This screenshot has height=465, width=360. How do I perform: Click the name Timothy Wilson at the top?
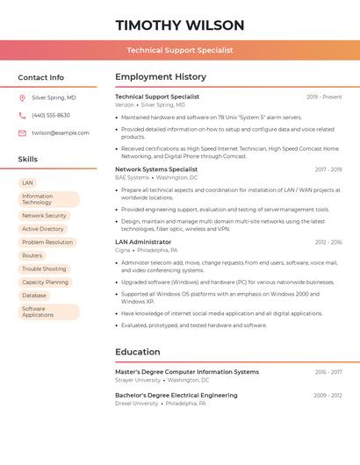click(179, 25)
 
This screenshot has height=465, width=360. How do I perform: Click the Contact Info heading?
click(40, 77)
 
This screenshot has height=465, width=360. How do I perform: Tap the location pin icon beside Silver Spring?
click(22, 98)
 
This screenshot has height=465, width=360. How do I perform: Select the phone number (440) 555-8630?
click(51, 115)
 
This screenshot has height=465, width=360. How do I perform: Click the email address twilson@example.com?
click(61, 133)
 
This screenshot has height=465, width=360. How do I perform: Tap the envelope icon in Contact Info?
click(22, 133)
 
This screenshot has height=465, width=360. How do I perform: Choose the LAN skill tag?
click(28, 182)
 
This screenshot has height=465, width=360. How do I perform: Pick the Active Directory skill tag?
click(43, 229)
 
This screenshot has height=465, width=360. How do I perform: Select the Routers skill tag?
click(32, 255)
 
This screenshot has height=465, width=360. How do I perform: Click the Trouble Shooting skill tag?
click(44, 268)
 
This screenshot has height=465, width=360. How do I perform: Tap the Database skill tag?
click(34, 296)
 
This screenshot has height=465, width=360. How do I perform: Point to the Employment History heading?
click(161, 77)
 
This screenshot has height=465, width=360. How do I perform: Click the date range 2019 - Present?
click(324, 97)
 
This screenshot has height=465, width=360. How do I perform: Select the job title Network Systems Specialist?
click(156, 169)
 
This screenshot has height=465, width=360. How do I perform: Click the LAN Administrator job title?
click(143, 242)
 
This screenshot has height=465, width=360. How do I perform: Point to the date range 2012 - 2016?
click(328, 242)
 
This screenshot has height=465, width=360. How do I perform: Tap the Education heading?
click(138, 352)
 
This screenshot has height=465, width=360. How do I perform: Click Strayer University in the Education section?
click(138, 381)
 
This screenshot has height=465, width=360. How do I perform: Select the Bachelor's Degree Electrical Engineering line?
click(176, 396)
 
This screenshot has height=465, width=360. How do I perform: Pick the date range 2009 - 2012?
click(328, 396)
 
